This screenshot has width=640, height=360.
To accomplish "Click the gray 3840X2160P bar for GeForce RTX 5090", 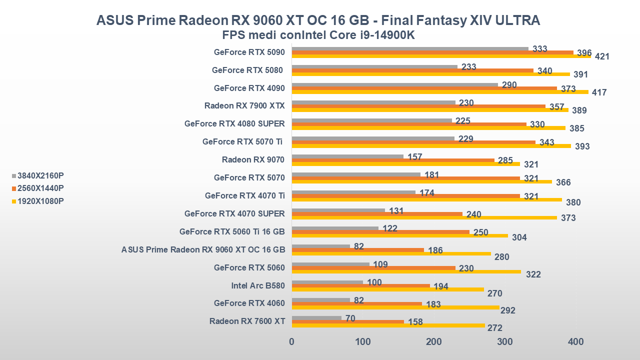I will (x=410, y=49).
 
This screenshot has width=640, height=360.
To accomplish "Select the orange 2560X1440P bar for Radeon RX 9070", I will (x=393, y=160).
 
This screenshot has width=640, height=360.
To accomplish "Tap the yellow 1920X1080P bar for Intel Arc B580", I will (x=388, y=289).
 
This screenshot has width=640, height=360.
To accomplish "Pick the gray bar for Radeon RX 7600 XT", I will (x=316, y=318).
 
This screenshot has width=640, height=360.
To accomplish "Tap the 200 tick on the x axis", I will (x=434, y=342).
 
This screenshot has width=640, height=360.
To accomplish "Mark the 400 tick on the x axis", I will (x=576, y=342).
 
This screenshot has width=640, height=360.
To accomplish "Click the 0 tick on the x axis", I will (x=292, y=342).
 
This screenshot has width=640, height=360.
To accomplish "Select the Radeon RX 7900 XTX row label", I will (x=244, y=106).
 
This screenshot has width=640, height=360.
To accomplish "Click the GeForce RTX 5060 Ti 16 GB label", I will (x=232, y=231).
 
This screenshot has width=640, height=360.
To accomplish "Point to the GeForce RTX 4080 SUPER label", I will (x=234, y=124).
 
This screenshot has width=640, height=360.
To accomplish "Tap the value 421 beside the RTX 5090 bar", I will (x=602, y=57).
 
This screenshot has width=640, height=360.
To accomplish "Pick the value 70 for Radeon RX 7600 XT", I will (x=350, y=318).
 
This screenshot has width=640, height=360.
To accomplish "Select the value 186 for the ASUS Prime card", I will (x=435, y=250).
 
